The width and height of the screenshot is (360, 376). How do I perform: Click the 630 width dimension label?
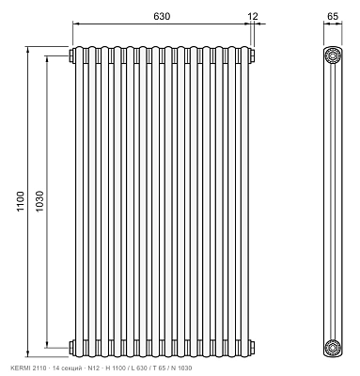[162, 16]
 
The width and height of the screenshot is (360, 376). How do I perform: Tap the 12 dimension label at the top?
[253, 16]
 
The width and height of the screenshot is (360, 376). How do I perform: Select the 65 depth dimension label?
[333, 16]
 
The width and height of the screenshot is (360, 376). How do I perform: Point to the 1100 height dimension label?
[20, 201]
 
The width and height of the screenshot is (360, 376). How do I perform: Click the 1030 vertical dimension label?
[39, 201]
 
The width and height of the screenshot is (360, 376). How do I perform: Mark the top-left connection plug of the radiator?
[70, 56]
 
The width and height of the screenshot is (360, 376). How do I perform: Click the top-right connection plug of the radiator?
[252, 56]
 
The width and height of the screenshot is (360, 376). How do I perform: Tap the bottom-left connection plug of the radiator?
[70, 348]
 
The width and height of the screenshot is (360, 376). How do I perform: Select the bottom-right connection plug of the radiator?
[252, 348]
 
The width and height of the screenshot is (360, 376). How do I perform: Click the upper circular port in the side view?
[332, 56]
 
